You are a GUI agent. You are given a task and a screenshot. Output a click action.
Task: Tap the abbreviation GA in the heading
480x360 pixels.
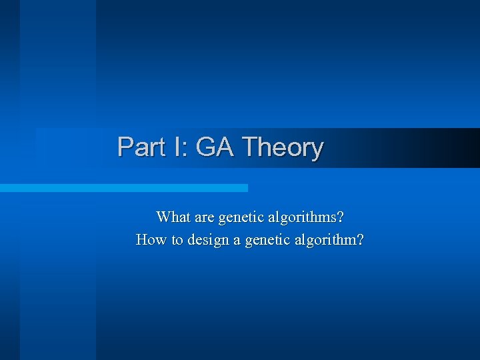pos(215,147)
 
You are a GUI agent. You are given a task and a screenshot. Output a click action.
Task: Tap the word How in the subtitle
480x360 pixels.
pos(151,239)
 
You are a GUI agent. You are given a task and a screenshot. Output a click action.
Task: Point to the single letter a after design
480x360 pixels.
pos(237,240)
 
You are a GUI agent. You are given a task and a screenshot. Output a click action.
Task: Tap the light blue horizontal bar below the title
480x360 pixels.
pos(123,188)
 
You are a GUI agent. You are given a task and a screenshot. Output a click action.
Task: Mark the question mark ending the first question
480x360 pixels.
pos(341,217)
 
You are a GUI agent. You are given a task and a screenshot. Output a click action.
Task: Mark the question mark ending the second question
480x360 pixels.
pos(360,239)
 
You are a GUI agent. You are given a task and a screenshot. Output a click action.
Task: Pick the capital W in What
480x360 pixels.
pos(163,217)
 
